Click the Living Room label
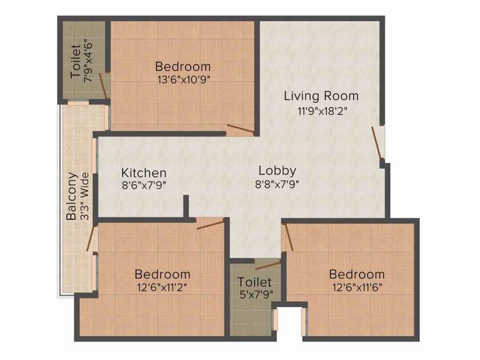pyautogui.click(x=321, y=96)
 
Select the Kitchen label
pyautogui.click(x=144, y=172)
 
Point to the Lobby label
pyautogui.click(x=277, y=170)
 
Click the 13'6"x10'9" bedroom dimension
pyautogui.click(x=183, y=79)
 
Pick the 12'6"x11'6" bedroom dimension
pyautogui.click(x=357, y=287)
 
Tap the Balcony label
pyautogui.click(x=71, y=197)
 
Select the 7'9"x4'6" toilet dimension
pyautogui.click(x=87, y=61)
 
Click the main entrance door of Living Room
pyautogui.click(x=377, y=142)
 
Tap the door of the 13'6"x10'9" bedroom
pyautogui.click(x=240, y=130)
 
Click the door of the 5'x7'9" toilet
pyautogui.click(x=268, y=266)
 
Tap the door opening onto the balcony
pyautogui.click(x=90, y=238)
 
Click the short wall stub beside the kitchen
pyautogui.click(x=186, y=206)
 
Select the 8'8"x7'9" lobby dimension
pyautogui.click(x=277, y=184)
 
